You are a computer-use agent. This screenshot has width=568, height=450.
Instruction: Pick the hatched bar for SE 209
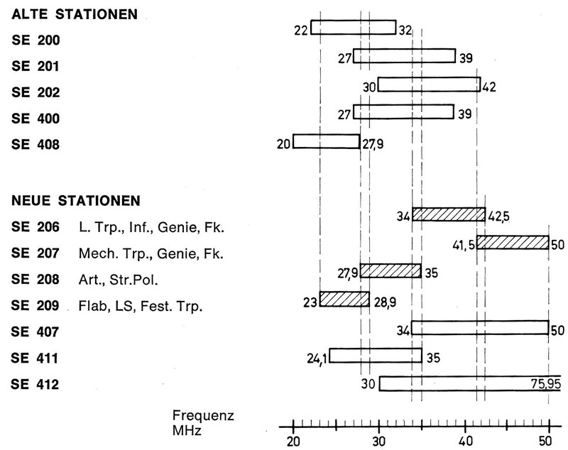pos(344,299)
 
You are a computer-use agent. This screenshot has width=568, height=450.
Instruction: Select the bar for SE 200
pos(353,27)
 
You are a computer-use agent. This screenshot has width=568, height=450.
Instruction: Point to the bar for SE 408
pos(327,141)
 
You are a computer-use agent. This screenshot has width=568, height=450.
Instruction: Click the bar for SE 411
pos(375,356)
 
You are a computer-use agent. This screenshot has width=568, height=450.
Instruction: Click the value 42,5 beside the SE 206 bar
pos(502,216)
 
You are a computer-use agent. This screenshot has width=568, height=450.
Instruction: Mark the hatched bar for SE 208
pos(390,270)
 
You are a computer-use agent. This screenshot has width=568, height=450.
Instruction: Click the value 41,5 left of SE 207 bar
pos(463,245)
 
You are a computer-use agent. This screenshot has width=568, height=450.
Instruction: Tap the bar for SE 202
pos(429,84)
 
